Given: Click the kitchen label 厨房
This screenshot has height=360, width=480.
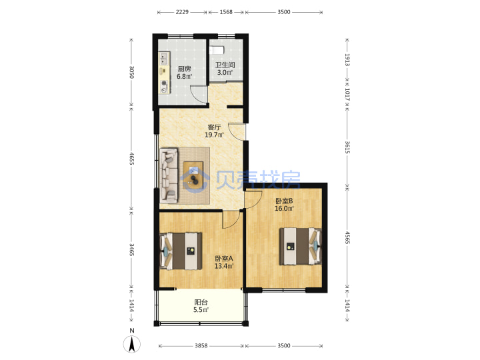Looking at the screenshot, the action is tap(184, 69).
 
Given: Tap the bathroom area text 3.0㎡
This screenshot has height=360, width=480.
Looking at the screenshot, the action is tap(225, 73).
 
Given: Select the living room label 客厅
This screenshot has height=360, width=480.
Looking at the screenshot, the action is tap(214, 127).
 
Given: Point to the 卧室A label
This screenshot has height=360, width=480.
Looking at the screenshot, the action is tap(224, 259).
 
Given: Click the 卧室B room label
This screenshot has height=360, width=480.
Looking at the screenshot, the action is tap(284, 201).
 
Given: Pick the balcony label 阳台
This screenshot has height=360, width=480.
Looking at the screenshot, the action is tap(201, 302).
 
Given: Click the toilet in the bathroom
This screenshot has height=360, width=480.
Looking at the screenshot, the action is tap(217, 49).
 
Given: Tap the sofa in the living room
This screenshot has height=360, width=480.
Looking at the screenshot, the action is tap(169, 176).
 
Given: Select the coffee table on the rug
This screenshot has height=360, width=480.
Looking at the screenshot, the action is tap(193, 175).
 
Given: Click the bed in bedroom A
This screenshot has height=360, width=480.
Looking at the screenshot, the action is tap(181, 251).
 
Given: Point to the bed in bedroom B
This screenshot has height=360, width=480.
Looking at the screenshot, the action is tap(300, 246).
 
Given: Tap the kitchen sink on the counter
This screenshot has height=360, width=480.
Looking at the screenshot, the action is tap(164, 59).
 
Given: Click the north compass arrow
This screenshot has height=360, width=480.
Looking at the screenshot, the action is tap(132, 344).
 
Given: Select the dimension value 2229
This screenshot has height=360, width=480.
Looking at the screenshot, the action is tap(182, 12).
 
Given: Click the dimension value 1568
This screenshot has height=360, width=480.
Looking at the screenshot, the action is tap(226, 12).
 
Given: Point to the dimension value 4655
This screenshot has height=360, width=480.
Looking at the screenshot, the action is tap(132, 159).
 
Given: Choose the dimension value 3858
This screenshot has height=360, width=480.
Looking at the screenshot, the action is tap(201, 345).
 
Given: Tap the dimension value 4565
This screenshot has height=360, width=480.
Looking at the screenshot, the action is tap(347, 237).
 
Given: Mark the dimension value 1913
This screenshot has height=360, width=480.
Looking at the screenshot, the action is tap(347, 60).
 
